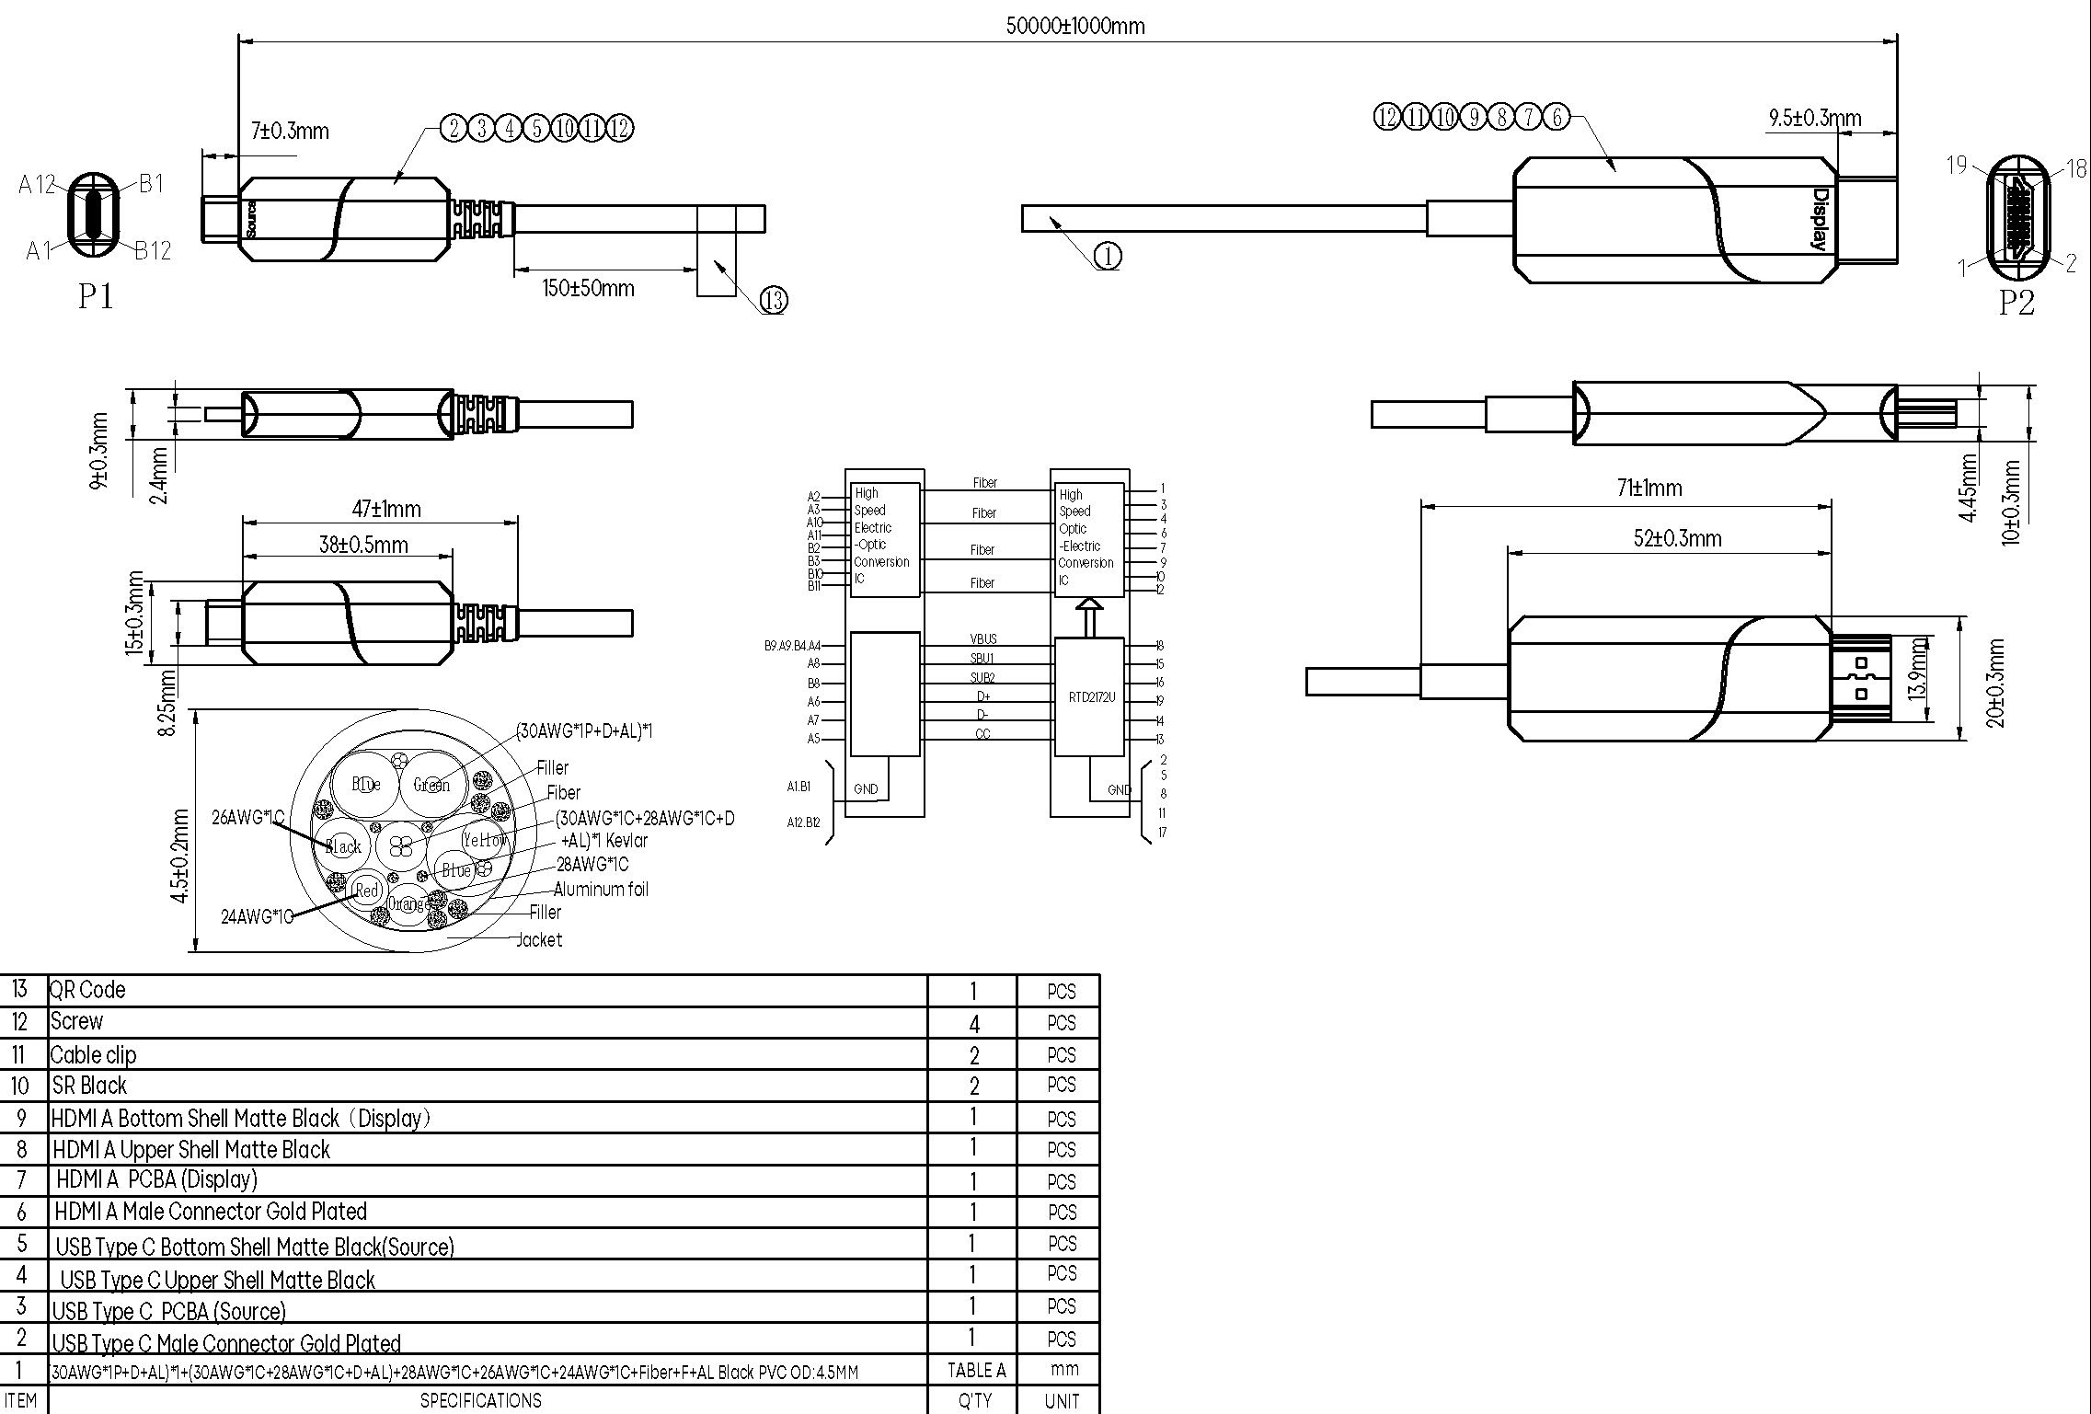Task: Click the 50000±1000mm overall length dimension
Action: [x=1074, y=26]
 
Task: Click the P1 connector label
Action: [x=96, y=296]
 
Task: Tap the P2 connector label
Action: [x=2016, y=303]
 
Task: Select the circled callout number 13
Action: [x=774, y=300]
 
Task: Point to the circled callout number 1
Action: [x=1108, y=257]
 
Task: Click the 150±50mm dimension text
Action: [x=588, y=288]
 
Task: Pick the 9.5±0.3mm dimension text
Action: [x=1814, y=119]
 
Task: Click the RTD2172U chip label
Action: [x=1091, y=697]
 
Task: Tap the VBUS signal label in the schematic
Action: [x=982, y=638]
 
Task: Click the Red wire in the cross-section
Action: [x=367, y=890]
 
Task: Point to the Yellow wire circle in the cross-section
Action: [x=485, y=839]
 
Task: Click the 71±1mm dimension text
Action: [x=1649, y=488]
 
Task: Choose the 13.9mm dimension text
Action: [x=1917, y=669]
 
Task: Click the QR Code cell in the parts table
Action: [x=88, y=990]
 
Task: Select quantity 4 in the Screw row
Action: [x=973, y=1024]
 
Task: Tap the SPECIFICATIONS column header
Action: [x=480, y=1400]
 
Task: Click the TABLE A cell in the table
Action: [x=976, y=1370]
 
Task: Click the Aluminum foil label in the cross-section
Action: [x=601, y=889]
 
